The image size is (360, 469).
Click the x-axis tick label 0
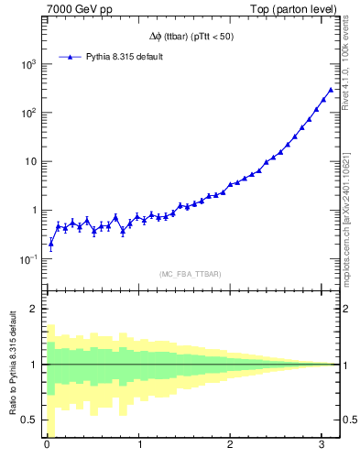(47, 446)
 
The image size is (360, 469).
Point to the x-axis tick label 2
(231, 446)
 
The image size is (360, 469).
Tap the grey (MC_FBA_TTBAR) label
(191, 274)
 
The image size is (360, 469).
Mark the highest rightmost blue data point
(331, 90)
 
